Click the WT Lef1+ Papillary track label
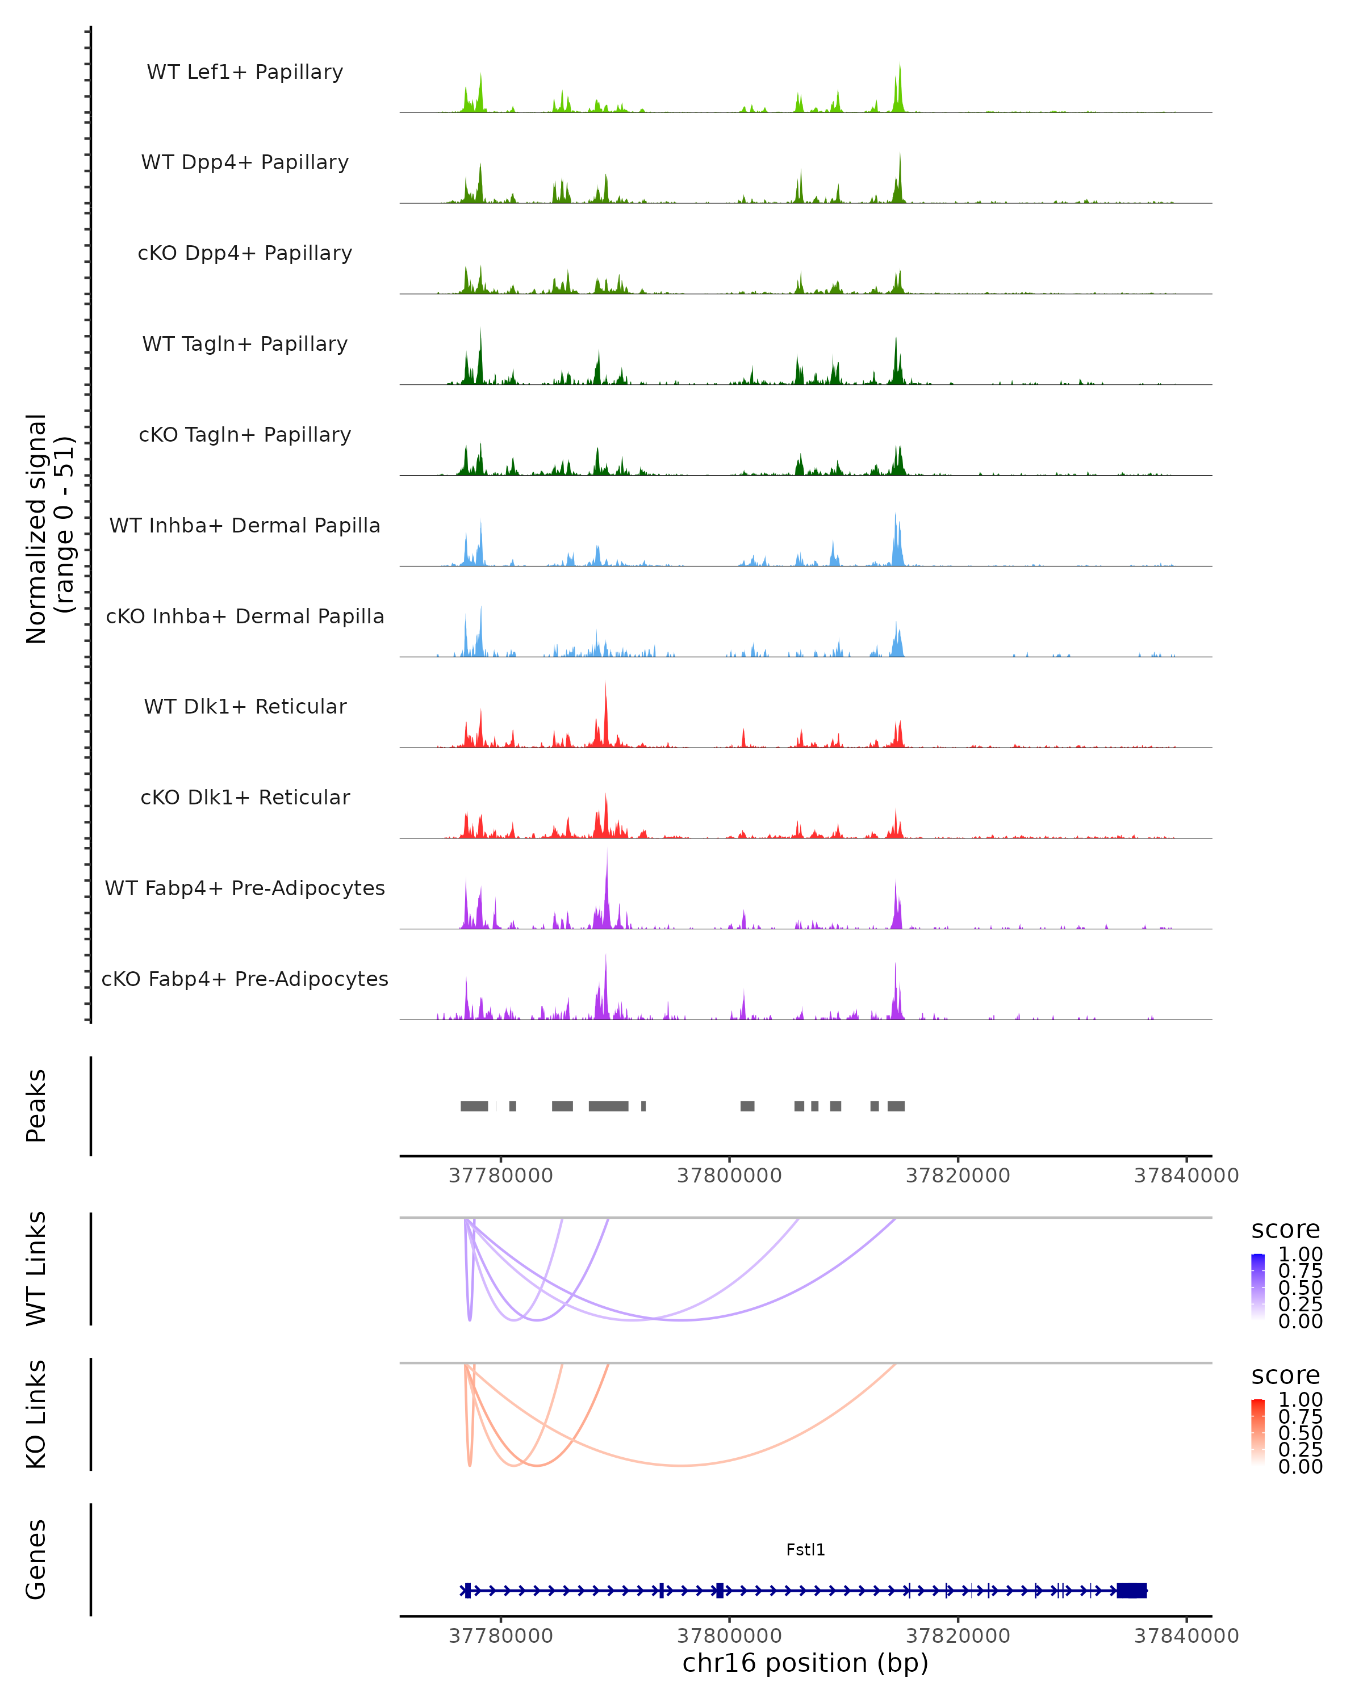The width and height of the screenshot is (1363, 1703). [245, 72]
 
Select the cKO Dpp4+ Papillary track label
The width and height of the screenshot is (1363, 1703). [245, 253]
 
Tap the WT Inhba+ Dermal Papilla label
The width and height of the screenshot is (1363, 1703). [245, 525]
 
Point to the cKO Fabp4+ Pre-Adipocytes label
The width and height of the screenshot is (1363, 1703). [245, 979]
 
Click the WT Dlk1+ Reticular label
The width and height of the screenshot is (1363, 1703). [245, 706]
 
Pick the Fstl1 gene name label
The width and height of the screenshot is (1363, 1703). [805, 1550]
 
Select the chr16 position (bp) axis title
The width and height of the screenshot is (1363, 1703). [805, 1663]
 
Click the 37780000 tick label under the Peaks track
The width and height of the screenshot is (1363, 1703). [501, 1176]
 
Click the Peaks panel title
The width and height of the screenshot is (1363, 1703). [36, 1106]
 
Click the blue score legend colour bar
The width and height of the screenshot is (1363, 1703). [1258, 1286]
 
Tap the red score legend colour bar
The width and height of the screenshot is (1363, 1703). [1258, 1431]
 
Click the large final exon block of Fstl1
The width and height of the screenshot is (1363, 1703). [1131, 1590]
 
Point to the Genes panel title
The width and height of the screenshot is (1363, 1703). [36, 1559]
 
